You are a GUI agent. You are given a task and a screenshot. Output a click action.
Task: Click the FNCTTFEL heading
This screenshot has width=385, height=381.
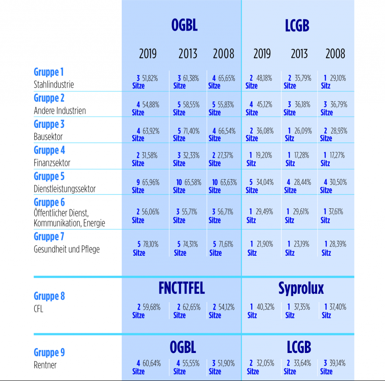point(181,288)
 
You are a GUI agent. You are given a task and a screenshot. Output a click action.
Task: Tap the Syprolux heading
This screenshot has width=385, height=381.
point(301,288)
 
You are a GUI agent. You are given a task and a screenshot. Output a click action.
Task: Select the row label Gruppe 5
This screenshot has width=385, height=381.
point(49,176)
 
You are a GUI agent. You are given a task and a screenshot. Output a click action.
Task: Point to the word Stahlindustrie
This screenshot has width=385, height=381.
point(54,84)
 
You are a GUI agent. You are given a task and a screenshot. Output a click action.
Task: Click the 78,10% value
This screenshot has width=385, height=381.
point(150,244)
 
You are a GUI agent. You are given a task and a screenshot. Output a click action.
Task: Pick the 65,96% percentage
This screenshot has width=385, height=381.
point(150,182)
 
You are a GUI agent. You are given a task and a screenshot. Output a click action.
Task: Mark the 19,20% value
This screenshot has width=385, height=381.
point(265,155)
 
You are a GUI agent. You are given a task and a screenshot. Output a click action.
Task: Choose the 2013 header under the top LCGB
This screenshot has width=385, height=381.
point(299,54)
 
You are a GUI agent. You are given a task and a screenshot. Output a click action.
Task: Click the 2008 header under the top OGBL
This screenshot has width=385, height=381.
point(223,54)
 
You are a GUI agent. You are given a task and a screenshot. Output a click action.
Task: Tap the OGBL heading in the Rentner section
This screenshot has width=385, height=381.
point(183,347)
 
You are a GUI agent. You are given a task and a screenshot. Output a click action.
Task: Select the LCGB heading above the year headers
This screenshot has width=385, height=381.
point(297,25)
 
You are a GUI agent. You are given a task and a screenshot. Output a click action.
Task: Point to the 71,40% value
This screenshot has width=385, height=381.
point(191,130)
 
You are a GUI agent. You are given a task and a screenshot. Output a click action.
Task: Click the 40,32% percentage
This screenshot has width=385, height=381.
point(265,307)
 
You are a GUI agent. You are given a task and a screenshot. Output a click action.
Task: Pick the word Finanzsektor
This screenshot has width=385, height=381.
point(52,163)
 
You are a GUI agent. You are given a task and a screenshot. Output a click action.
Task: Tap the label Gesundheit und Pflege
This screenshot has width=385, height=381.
point(67,249)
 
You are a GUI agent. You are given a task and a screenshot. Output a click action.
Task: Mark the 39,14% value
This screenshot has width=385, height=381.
point(338,363)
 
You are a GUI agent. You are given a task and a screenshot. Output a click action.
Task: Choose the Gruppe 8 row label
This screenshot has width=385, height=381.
point(49,296)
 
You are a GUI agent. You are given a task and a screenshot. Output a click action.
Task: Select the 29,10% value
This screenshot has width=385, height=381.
point(338,78)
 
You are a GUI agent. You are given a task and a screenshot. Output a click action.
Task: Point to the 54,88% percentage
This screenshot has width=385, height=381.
point(150,105)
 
